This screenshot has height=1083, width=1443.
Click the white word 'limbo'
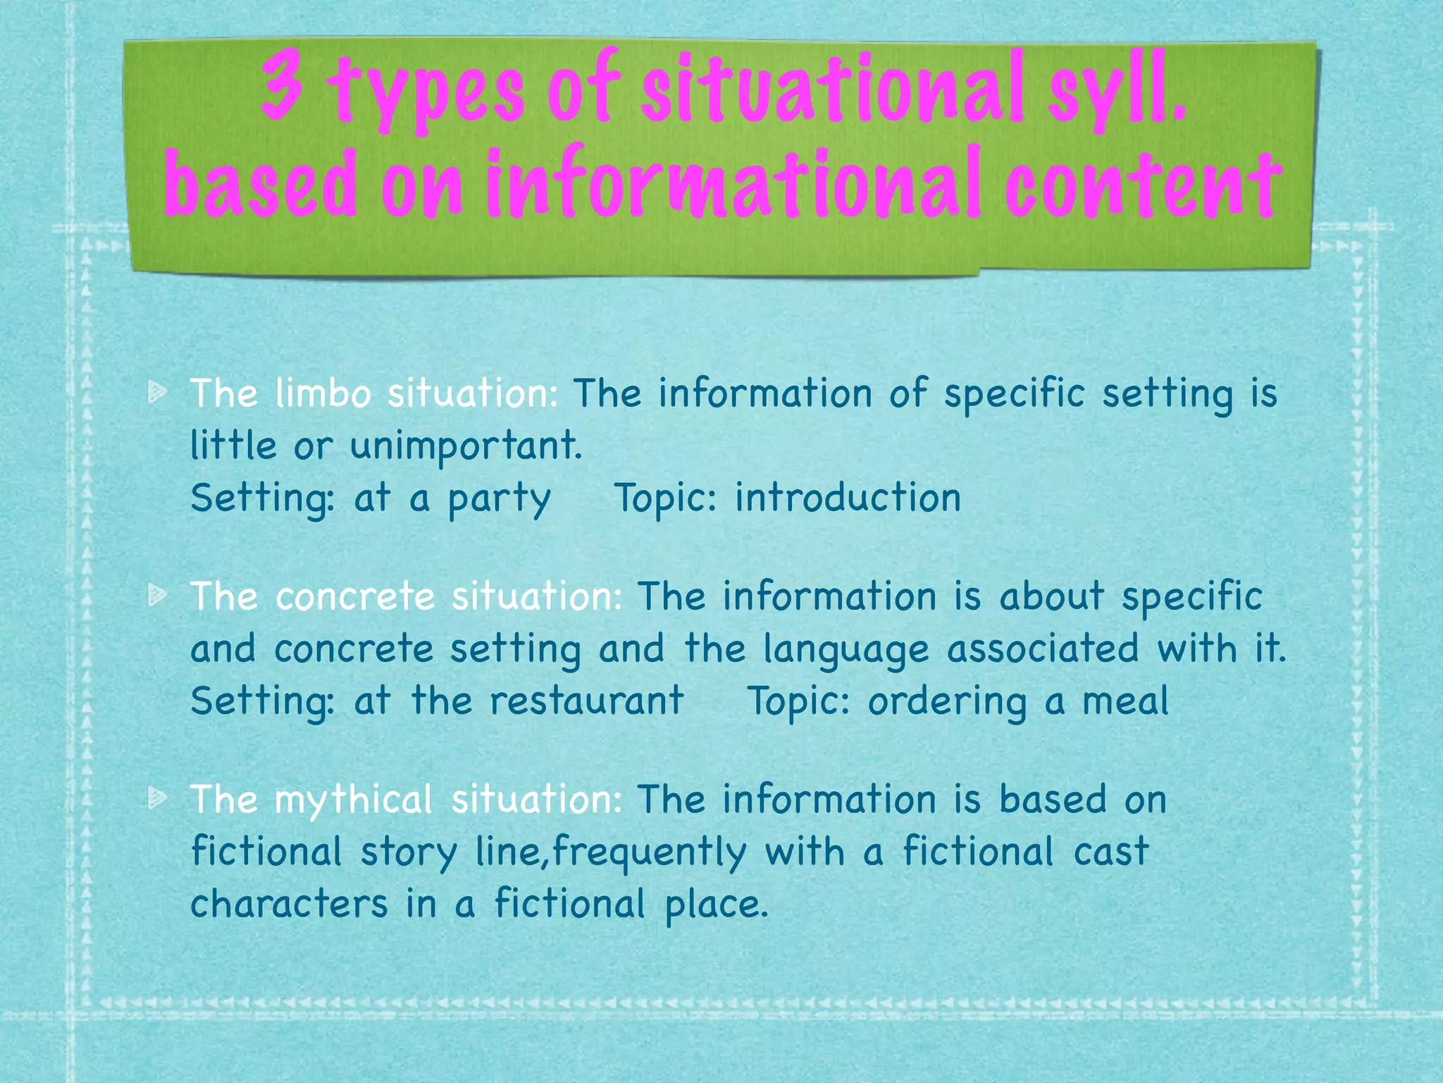click(323, 392)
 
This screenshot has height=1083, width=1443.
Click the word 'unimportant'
click(465, 446)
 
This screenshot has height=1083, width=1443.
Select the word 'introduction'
click(848, 497)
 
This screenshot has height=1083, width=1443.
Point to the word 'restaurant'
click(587, 700)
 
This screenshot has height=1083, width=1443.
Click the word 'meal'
click(1125, 700)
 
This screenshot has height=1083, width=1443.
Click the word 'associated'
click(1043, 648)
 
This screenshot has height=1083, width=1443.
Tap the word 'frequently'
click(649, 852)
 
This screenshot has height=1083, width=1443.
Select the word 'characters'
click(289, 903)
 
